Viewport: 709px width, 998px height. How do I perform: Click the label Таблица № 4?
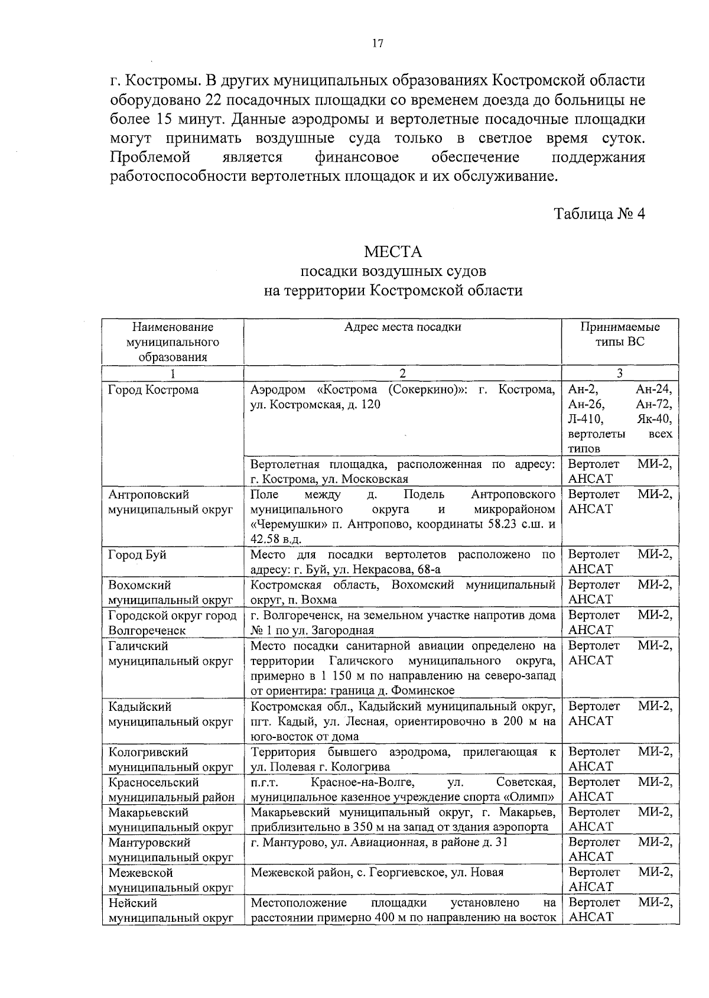(x=599, y=213)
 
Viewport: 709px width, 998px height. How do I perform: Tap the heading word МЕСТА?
(x=393, y=252)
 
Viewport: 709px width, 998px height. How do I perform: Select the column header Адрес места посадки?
(x=402, y=327)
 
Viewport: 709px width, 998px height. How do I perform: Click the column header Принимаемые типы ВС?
(x=620, y=334)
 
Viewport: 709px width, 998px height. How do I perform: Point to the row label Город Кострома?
(x=154, y=390)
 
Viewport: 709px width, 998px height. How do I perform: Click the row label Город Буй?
(x=138, y=555)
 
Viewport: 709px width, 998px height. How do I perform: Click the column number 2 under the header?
(x=402, y=373)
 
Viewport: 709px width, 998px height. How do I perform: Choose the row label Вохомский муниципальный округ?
(x=170, y=592)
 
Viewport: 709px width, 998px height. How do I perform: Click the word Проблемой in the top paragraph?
(x=151, y=157)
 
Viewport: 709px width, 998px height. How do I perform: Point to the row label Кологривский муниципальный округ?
(x=170, y=759)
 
